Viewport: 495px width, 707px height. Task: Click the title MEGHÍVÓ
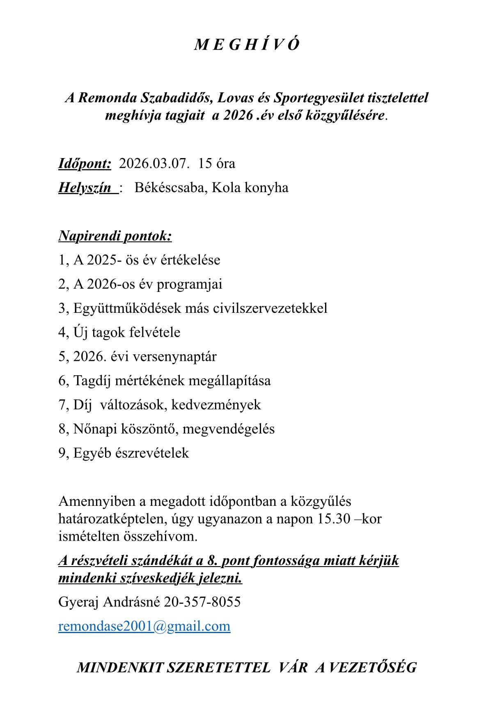coord(247,45)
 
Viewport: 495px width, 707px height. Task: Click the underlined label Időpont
coord(85,163)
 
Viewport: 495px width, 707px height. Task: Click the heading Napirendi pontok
coord(115,236)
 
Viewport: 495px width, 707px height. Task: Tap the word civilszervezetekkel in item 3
coord(270,308)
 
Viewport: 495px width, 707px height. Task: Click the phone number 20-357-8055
coord(202,602)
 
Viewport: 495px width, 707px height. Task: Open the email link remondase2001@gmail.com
coord(144,626)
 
